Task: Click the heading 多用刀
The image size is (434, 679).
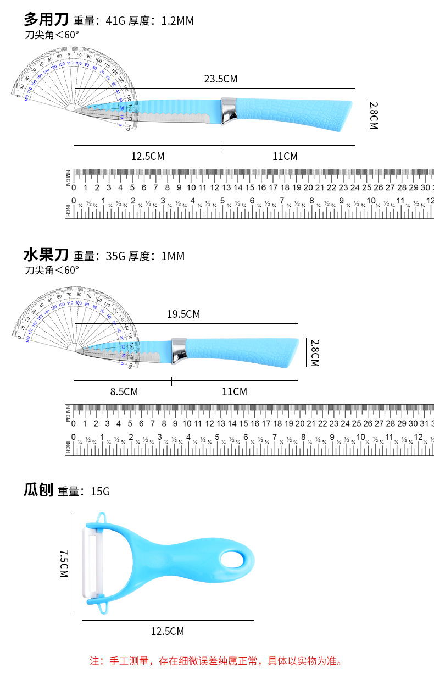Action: [46, 20]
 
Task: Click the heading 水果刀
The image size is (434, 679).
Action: [46, 255]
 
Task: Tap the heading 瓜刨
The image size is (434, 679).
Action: [38, 490]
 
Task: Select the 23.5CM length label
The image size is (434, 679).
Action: [220, 79]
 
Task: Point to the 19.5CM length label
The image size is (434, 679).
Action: [183, 314]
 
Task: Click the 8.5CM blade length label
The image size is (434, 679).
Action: [124, 391]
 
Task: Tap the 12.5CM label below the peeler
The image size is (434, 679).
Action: [168, 631]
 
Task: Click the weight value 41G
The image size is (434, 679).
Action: [115, 21]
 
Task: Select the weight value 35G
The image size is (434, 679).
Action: [115, 256]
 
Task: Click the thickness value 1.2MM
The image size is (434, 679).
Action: [177, 21]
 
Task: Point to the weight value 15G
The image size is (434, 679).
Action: [101, 491]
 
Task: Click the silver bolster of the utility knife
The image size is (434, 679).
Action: [230, 111]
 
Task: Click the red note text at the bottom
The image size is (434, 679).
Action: [216, 661]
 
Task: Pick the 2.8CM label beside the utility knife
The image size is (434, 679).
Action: [374, 115]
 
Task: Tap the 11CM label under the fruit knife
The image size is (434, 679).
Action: [235, 391]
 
